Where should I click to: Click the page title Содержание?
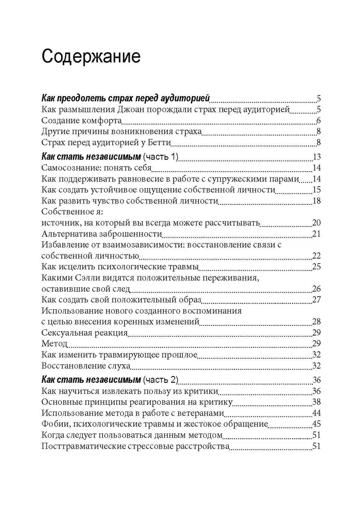[91, 56]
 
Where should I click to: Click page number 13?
[316, 157]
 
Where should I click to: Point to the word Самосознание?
[69, 168]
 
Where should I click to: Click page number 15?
[316, 191]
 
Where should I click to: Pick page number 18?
[316, 201]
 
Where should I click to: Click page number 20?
[316, 224]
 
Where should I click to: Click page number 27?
[316, 300]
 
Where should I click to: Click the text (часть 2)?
[161, 380]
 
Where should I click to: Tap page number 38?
[316, 402]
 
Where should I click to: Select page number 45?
[316, 424]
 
